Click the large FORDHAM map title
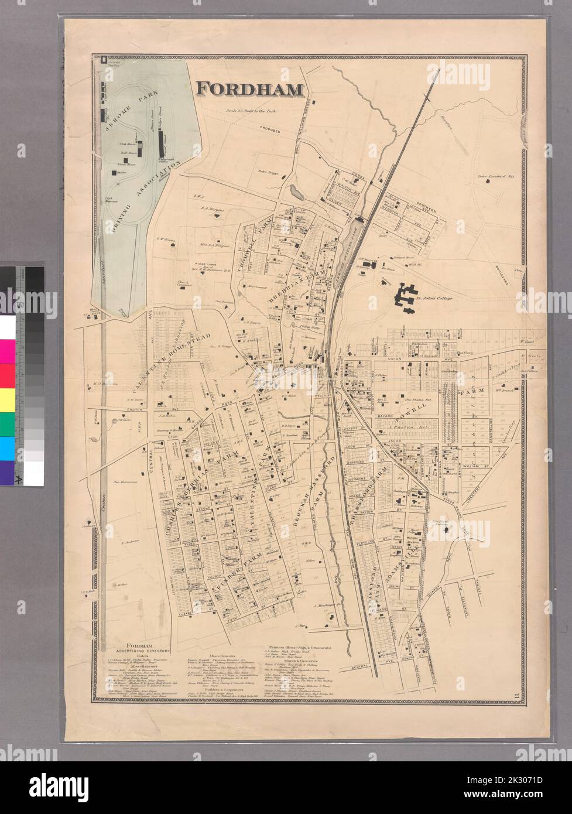(250, 88)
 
